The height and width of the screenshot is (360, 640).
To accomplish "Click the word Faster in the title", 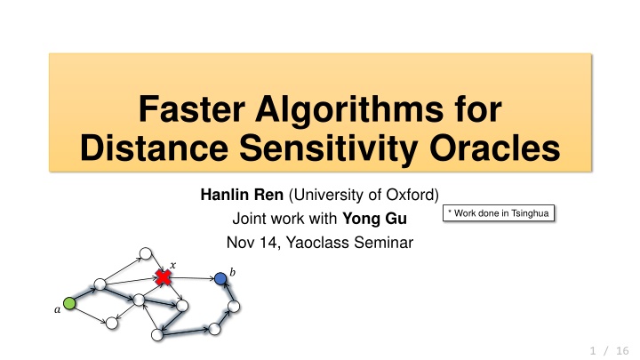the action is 192,109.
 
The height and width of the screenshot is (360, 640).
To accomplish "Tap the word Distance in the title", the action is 154,148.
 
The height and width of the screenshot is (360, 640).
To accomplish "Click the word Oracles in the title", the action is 494,148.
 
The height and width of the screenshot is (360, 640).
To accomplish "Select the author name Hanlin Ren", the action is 242,195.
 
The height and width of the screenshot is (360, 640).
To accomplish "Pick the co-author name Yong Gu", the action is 374,219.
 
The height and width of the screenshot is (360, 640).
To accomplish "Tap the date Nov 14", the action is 252,243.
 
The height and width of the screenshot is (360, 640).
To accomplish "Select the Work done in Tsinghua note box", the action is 499,213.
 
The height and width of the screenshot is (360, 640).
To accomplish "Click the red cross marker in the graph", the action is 164,277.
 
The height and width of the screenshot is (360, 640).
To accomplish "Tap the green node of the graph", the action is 69,304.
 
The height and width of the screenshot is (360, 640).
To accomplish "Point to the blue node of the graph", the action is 220,279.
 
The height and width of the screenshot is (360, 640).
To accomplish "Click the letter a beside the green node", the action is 57,310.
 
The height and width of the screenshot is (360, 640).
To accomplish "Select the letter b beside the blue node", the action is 232,272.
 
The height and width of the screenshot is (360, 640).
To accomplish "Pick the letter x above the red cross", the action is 173,265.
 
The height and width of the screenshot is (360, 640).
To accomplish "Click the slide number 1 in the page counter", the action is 593,350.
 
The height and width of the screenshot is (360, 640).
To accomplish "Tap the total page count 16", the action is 622,350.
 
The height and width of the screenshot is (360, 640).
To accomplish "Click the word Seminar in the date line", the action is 384,243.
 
